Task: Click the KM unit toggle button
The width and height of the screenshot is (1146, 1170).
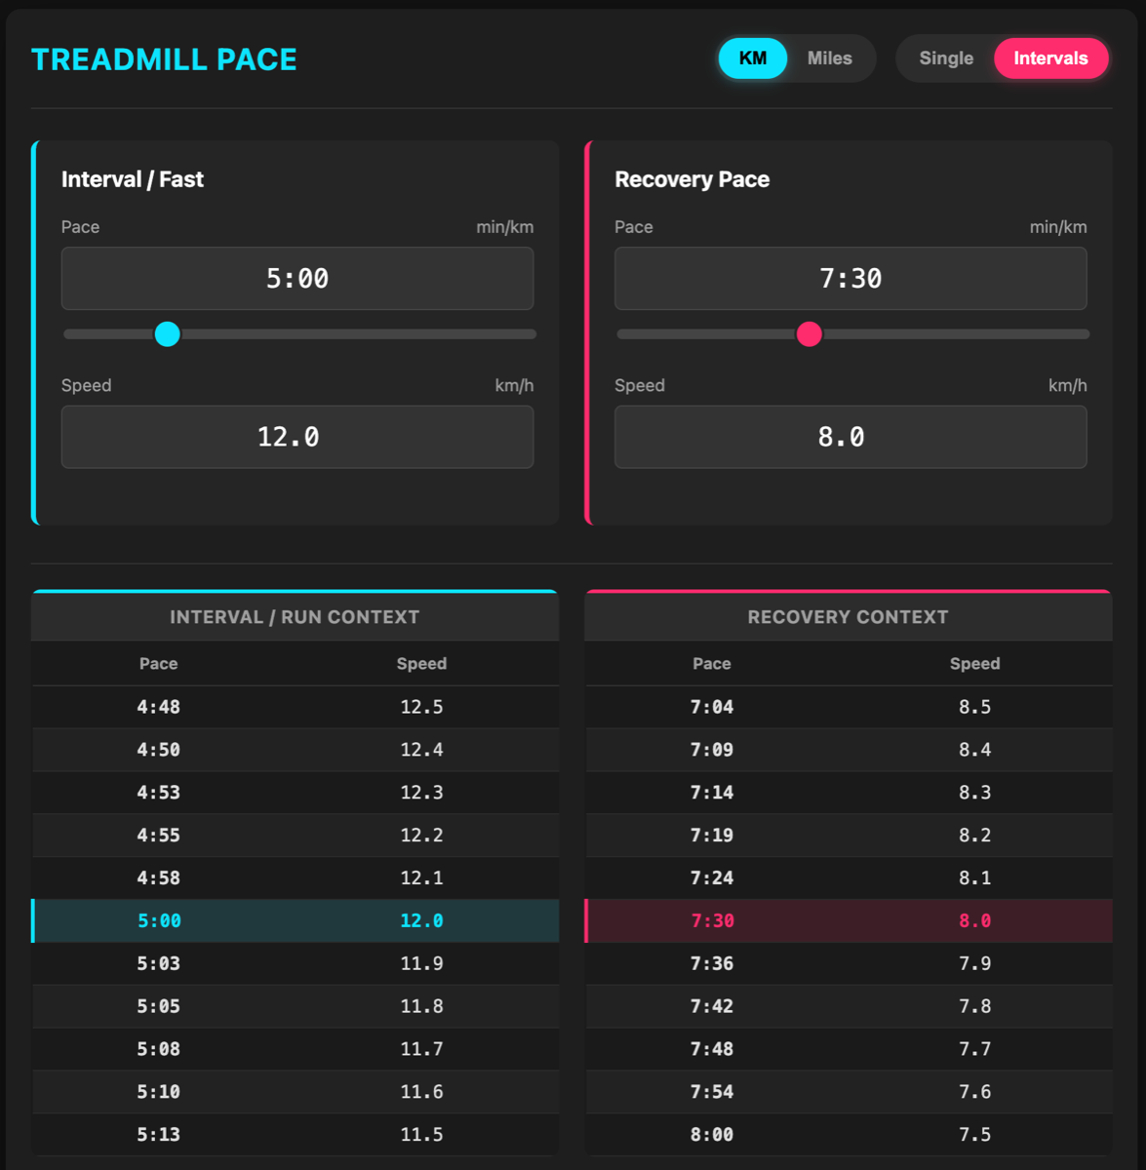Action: click(x=752, y=58)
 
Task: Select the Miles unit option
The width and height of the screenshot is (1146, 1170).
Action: click(x=829, y=58)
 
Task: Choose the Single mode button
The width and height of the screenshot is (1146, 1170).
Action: click(x=946, y=58)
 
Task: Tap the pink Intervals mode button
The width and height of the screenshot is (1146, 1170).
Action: click(x=1050, y=58)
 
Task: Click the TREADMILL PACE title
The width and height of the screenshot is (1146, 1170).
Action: click(x=164, y=59)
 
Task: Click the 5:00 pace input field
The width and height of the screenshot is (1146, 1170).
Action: click(x=297, y=279)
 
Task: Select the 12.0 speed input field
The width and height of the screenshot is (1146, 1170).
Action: click(x=297, y=437)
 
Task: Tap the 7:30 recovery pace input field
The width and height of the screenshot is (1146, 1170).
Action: click(x=850, y=279)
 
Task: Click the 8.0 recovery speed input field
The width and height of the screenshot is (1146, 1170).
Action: click(x=850, y=437)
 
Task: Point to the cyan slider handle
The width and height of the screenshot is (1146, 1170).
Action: click(x=168, y=334)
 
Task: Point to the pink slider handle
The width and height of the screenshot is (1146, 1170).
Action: click(x=809, y=334)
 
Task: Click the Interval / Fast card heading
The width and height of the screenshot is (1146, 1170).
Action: click(x=133, y=179)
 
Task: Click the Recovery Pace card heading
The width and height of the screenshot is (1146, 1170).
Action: click(x=692, y=179)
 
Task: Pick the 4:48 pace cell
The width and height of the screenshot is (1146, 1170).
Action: click(x=158, y=707)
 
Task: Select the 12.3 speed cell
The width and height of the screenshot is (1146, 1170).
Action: click(x=421, y=793)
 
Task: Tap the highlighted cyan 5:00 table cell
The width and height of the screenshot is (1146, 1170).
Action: click(x=159, y=920)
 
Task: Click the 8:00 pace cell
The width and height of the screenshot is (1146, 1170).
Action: click(x=712, y=1135)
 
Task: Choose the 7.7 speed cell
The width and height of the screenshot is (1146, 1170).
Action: click(x=974, y=1049)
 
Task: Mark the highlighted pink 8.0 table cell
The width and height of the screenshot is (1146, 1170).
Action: click(x=974, y=920)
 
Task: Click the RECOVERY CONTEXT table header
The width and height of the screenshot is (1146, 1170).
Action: click(x=848, y=617)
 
